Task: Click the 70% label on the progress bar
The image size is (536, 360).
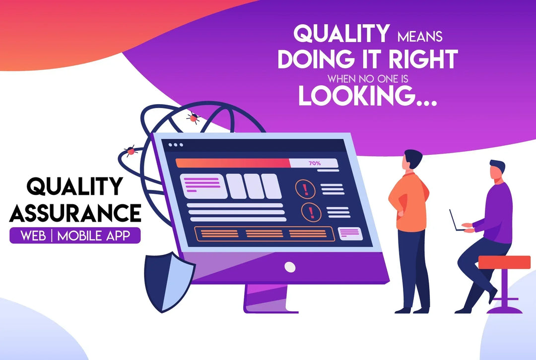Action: pyautogui.click(x=315, y=163)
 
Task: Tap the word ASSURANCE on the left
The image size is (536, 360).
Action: pyautogui.click(x=75, y=213)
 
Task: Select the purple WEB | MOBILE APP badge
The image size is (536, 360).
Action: pyautogui.click(x=75, y=236)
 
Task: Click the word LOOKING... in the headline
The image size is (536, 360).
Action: pyautogui.click(x=367, y=96)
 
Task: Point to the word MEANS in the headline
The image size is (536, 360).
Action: pyautogui.click(x=419, y=36)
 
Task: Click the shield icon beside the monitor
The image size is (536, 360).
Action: pyautogui.click(x=169, y=281)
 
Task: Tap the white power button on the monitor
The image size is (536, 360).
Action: pyautogui.click(x=290, y=267)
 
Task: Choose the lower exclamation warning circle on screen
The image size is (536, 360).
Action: pyautogui.click(x=311, y=212)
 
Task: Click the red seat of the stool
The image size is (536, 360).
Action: pyautogui.click(x=504, y=262)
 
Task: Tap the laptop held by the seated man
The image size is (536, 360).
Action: pyautogui.click(x=456, y=221)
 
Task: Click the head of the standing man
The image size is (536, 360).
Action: pyautogui.click(x=413, y=160)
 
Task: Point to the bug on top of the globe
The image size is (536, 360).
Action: pyautogui.click(x=193, y=117)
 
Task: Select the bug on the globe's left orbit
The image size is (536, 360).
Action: pyautogui.click(x=131, y=150)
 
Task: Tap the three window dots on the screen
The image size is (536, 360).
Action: pyautogui.click(x=175, y=145)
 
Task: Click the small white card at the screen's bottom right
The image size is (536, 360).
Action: pyautogui.click(x=350, y=233)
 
